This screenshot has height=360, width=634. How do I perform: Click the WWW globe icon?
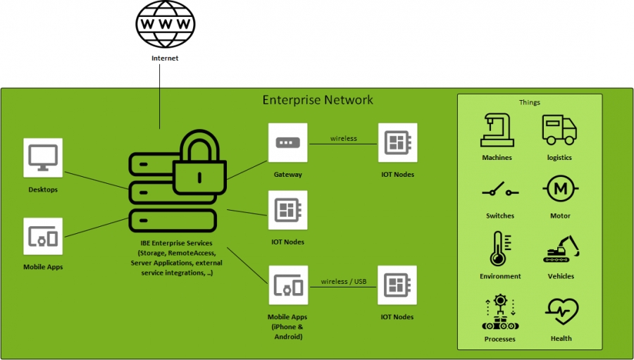(166, 25)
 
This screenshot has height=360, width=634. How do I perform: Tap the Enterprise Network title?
(318, 99)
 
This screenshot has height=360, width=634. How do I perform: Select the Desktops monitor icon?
(43, 158)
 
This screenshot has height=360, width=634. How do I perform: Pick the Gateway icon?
(287, 143)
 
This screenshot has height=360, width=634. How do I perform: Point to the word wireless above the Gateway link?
(344, 139)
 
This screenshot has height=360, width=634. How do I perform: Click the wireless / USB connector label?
(344, 282)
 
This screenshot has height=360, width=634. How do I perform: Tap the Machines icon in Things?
(497, 130)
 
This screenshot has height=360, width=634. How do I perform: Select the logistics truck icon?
(559, 130)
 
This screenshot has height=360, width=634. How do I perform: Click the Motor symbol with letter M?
(560, 190)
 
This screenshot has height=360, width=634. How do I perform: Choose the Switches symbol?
(499, 190)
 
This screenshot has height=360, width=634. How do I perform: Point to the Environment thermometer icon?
(499, 249)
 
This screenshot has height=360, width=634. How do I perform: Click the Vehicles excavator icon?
(561, 249)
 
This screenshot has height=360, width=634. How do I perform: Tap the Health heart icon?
(561, 311)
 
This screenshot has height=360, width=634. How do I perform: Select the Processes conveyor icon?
(499, 311)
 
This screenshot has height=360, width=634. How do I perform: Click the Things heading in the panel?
(530, 103)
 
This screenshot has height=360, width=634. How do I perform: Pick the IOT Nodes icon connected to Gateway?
(397, 143)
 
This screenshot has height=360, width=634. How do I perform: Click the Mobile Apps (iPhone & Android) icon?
(288, 285)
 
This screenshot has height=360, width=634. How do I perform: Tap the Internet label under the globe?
(166, 58)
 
